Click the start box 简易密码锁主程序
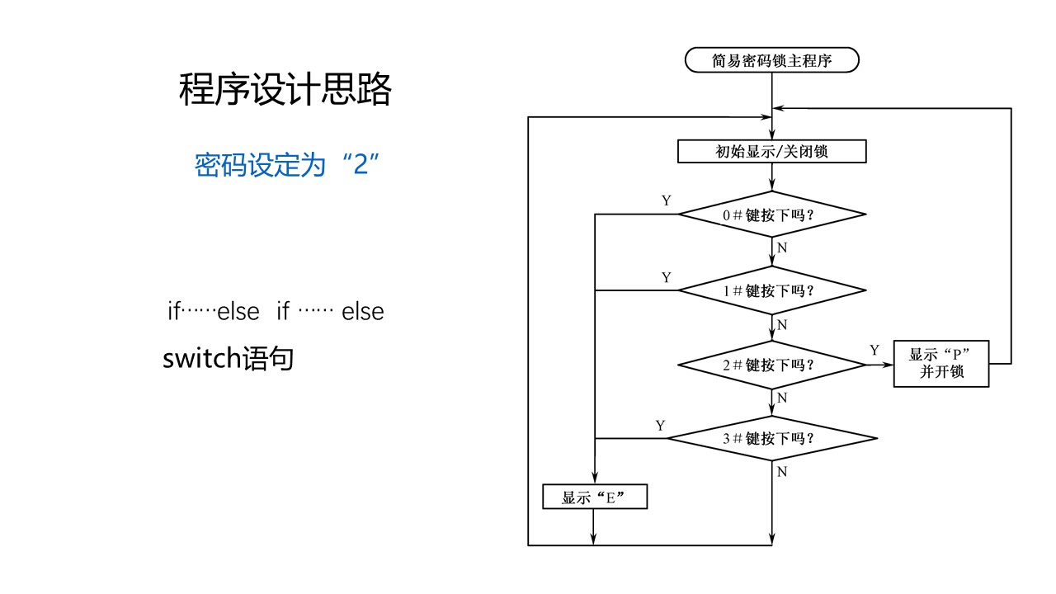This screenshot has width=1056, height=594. pyautogui.click(x=772, y=60)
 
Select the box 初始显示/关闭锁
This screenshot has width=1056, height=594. pyautogui.click(x=772, y=152)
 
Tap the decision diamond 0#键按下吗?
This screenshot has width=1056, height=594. pyautogui.click(x=772, y=214)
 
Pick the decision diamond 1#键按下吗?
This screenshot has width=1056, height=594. pyautogui.click(x=772, y=290)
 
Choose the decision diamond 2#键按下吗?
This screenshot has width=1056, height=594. pyautogui.click(x=772, y=364)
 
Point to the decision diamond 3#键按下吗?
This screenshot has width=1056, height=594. pyautogui.click(x=772, y=438)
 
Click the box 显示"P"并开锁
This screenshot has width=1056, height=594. pyautogui.click(x=941, y=364)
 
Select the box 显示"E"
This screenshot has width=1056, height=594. pyautogui.click(x=594, y=497)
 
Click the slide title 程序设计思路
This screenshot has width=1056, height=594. pyautogui.click(x=285, y=90)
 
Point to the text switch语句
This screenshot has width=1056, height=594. pyautogui.click(x=229, y=359)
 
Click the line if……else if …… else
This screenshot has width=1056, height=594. pyautogui.click(x=276, y=313)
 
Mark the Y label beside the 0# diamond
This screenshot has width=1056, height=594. pyautogui.click(x=667, y=200)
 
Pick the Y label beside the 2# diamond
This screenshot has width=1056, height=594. pyautogui.click(x=874, y=350)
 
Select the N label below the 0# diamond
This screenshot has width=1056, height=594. pyautogui.click(x=782, y=247)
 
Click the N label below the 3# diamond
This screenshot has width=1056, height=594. pyautogui.click(x=782, y=472)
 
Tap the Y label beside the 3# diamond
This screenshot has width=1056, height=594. pyautogui.click(x=660, y=425)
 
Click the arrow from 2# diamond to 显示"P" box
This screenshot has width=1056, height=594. pyautogui.click(x=880, y=364)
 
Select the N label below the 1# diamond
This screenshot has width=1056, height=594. pyautogui.click(x=782, y=324)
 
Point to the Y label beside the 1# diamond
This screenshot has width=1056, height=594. pyautogui.click(x=667, y=277)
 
